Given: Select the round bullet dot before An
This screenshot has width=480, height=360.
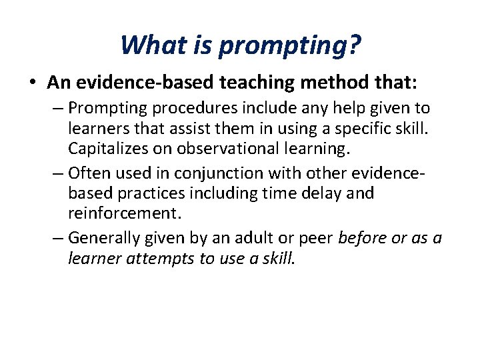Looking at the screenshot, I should pos(33,83).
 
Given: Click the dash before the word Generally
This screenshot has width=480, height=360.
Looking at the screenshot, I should pos(59,238).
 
